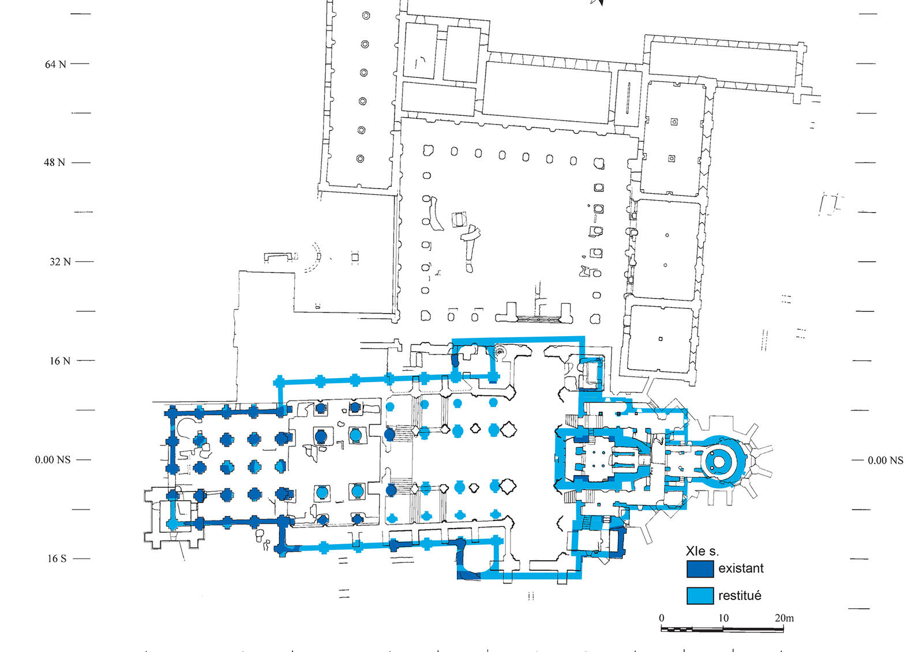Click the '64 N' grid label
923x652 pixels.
tap(55, 64)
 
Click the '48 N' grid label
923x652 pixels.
tap(54, 163)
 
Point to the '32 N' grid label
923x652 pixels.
tap(60, 262)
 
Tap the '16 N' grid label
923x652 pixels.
tap(59, 361)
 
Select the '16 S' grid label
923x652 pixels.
tap(57, 559)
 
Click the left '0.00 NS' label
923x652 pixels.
tap(52, 460)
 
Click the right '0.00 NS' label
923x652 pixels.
tap(886, 460)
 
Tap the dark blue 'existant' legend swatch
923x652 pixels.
tap(700, 569)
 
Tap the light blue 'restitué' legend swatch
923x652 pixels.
tap(700, 596)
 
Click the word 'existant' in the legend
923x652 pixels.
tap(741, 568)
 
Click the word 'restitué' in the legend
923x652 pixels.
tap(740, 596)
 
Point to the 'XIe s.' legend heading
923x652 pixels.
tap(702, 551)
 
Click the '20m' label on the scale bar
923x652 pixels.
tap(784, 618)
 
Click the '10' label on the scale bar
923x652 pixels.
tap(723, 618)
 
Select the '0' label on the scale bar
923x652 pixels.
tap(662, 618)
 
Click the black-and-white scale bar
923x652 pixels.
tap(722, 628)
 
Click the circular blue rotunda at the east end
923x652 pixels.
tap(719, 460)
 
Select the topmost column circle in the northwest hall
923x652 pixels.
tap(366, 16)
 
